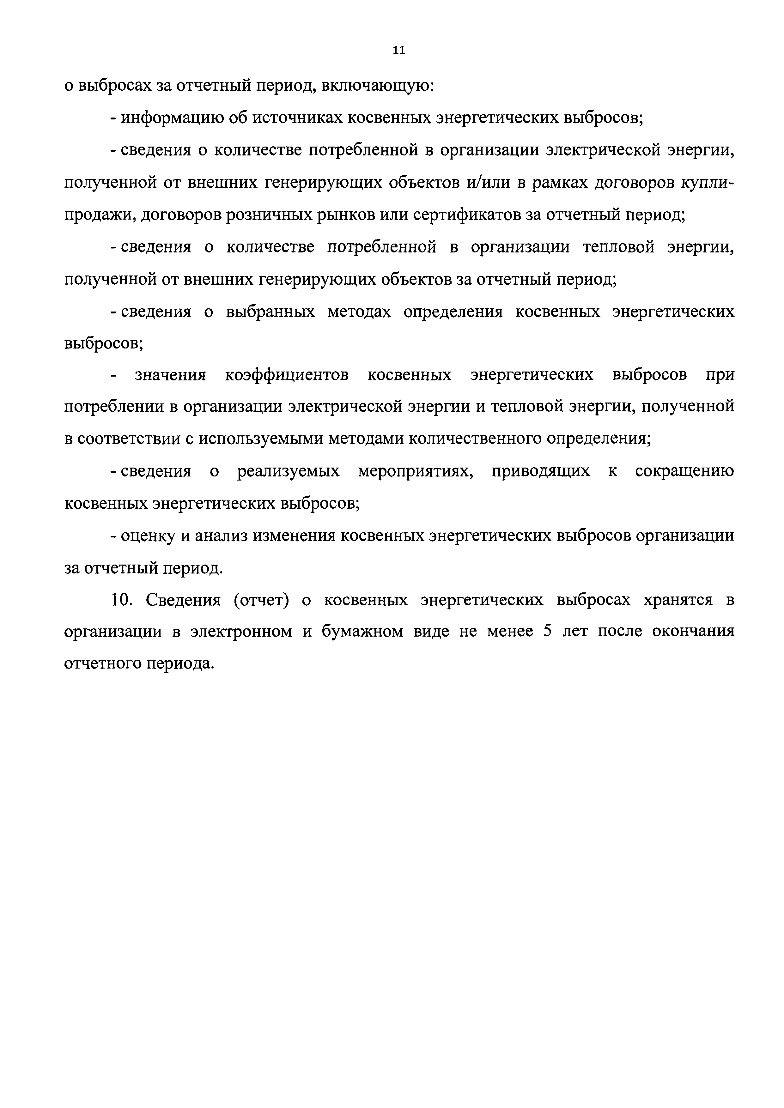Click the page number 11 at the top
pyautogui.click(x=399, y=50)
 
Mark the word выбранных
pyautogui.click(x=270, y=312)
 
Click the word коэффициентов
pyautogui.click(x=287, y=375)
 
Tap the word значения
pyautogui.click(x=170, y=375)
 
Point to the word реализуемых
pyautogui.click(x=288, y=471)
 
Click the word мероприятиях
pyautogui.click(x=416, y=471)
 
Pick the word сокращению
pyautogui.click(x=684, y=471)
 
